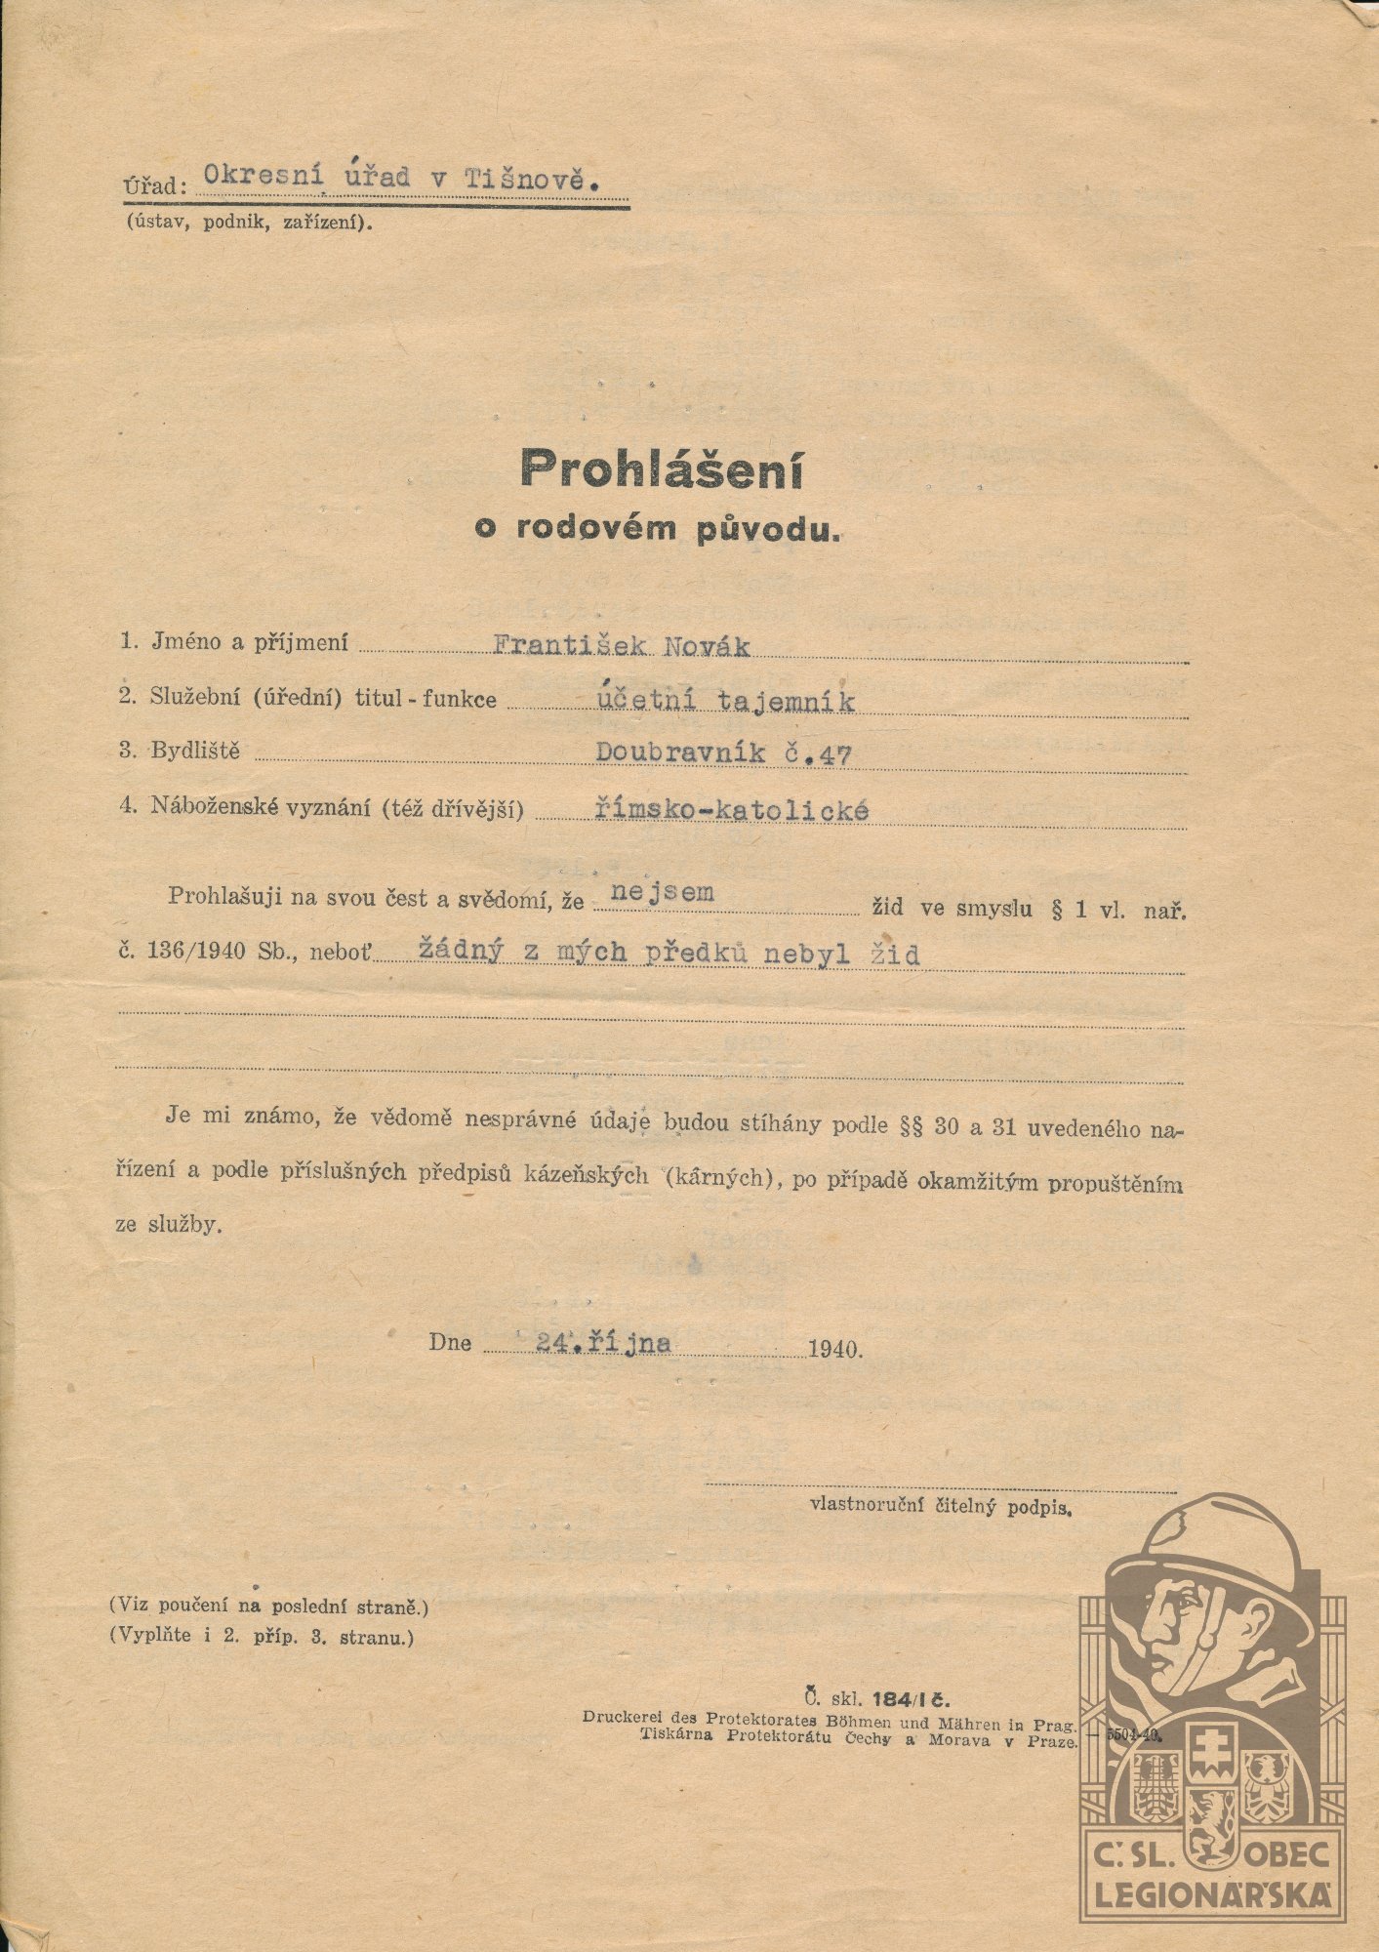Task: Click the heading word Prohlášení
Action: coord(661,469)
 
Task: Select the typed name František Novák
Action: coord(622,645)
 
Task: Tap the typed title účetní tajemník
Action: coord(726,700)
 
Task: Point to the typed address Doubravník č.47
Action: coord(724,753)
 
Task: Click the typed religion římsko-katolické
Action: coord(731,809)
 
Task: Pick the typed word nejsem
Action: coord(661,892)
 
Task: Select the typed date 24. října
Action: coord(603,1343)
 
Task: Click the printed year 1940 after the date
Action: coord(834,1349)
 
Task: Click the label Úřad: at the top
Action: coord(153,184)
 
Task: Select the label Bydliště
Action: coord(194,751)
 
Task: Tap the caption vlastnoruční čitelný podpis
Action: coord(940,1506)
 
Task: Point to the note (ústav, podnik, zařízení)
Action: coord(248,222)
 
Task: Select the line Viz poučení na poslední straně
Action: coord(268,1605)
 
